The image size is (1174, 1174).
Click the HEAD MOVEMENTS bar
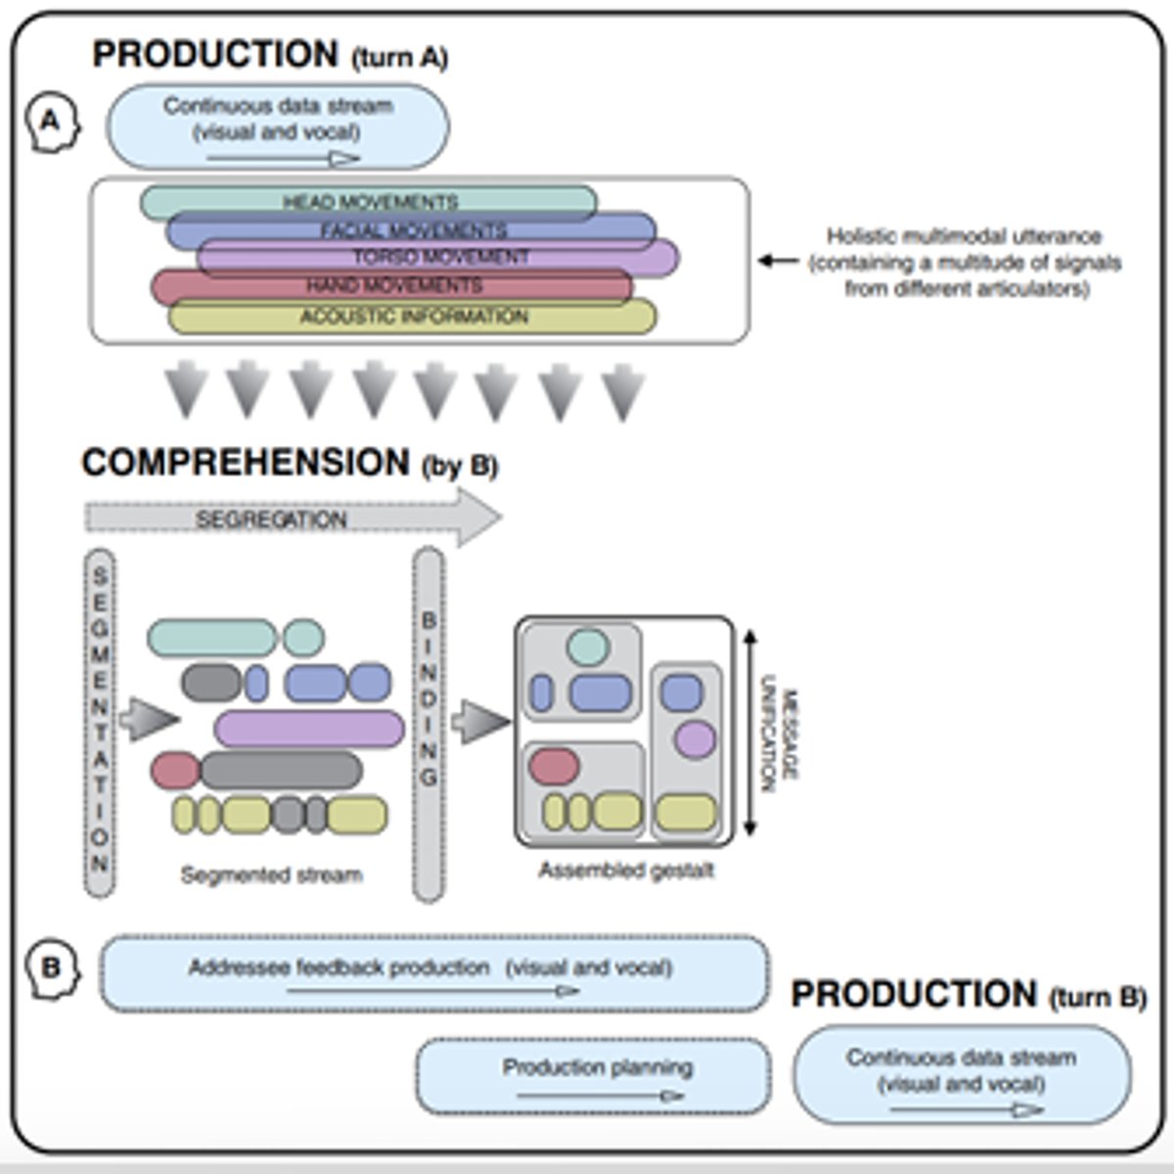pos(369,203)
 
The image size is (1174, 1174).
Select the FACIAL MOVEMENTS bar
pos(411,231)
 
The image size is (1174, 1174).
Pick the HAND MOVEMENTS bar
pos(392,286)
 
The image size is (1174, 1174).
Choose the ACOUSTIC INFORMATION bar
pos(412,317)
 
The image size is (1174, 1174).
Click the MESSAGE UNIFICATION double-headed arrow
pos(749,733)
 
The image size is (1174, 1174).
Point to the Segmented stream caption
pos(271,875)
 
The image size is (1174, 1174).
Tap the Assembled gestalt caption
pos(625,870)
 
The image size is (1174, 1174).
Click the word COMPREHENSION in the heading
pos(246,463)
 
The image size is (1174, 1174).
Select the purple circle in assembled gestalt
pos(696,739)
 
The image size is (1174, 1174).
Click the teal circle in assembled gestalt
pos(588,647)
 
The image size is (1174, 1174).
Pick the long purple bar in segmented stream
pos(309,729)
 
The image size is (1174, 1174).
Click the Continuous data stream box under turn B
pos(962,1074)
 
